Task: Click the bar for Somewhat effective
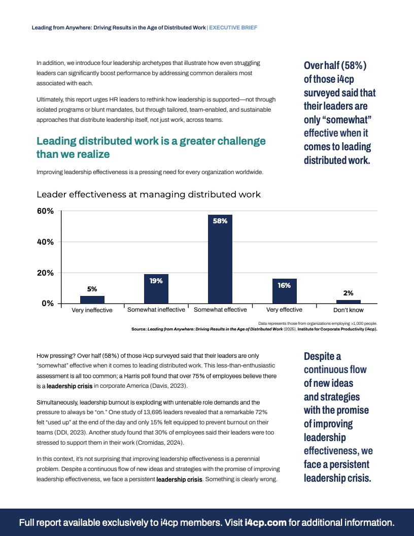pyautogui.click(x=220, y=259)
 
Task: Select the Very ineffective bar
pyautogui.click(x=92, y=299)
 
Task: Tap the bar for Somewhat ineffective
pyautogui.click(x=156, y=288)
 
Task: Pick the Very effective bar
pyautogui.click(x=284, y=291)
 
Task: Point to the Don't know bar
pyautogui.click(x=348, y=301)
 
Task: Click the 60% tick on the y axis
pyautogui.click(x=44, y=211)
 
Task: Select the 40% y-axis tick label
pyautogui.click(x=44, y=242)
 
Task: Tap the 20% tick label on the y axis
pyautogui.click(x=44, y=273)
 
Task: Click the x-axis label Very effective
pyautogui.click(x=284, y=310)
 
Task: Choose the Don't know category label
pyautogui.click(x=348, y=310)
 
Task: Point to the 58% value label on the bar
pyautogui.click(x=220, y=221)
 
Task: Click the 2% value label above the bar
pyautogui.click(x=348, y=293)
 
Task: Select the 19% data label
pyautogui.click(x=156, y=281)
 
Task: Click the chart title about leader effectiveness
pyautogui.click(x=149, y=194)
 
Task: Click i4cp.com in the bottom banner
pyautogui.click(x=265, y=522)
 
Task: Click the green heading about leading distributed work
pyautogui.click(x=151, y=147)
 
